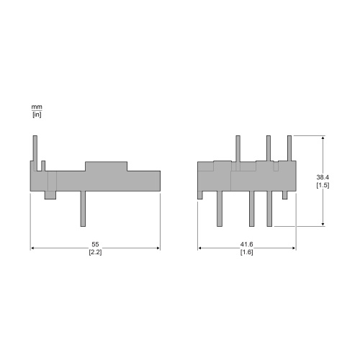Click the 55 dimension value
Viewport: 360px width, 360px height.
coord(95,244)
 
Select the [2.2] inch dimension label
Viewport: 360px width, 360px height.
coord(95,252)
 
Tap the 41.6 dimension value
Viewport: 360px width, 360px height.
coord(247,244)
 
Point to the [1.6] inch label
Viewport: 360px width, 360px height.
coord(247,252)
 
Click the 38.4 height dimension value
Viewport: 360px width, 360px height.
coord(323,177)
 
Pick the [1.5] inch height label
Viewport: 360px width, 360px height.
coord(323,185)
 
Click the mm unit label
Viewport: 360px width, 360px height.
coord(37,107)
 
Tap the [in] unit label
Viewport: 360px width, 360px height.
coord(37,114)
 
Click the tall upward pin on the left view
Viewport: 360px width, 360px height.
coord(35,153)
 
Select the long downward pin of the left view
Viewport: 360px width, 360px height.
coord(83,209)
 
